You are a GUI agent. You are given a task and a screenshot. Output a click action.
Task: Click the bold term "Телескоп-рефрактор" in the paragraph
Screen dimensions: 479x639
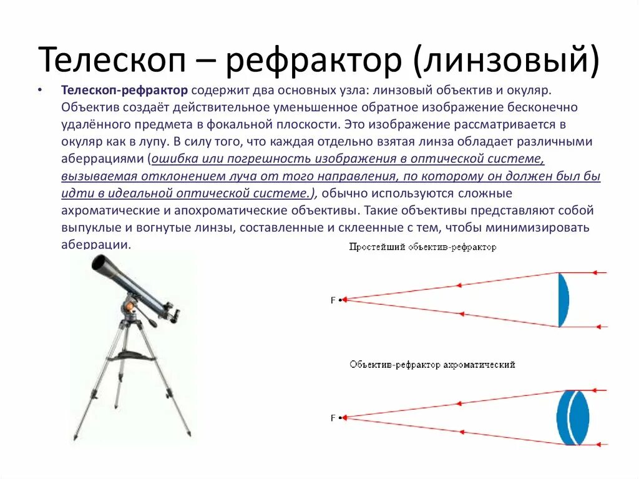tap(124, 91)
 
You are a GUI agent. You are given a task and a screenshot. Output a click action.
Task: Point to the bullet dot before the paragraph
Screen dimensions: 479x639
tap(41, 91)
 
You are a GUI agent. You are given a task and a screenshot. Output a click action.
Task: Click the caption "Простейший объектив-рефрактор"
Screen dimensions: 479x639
tap(423, 247)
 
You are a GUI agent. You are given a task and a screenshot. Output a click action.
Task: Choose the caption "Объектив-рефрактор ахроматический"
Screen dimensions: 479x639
tap(432, 364)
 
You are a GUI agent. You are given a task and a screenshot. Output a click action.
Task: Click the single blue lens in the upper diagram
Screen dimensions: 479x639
tap(563, 300)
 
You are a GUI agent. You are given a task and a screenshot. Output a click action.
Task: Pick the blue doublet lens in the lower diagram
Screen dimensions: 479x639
tap(573, 417)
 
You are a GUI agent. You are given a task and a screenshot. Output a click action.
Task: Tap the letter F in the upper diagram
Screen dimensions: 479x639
tap(333, 300)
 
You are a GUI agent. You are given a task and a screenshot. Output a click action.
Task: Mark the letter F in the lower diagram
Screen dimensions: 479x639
tap(333, 418)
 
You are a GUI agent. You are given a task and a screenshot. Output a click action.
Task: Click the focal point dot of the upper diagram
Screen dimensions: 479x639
tap(341, 300)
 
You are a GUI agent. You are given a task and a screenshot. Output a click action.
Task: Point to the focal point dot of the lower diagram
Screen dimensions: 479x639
tap(341, 418)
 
